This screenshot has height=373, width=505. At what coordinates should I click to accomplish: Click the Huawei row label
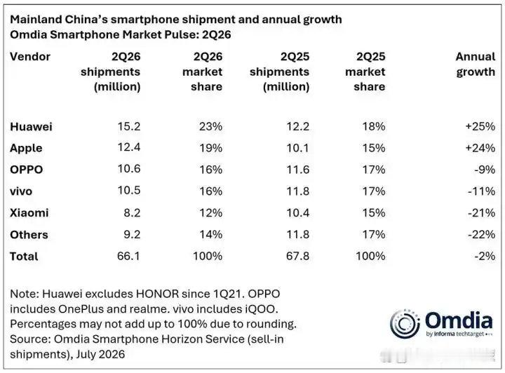pyautogui.click(x=31, y=126)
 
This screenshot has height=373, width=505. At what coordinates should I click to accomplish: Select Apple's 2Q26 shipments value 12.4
pyautogui.click(x=129, y=147)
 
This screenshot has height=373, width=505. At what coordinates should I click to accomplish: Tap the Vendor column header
pyautogui.click(x=30, y=57)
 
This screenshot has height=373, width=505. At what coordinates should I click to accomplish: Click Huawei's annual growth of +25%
pyautogui.click(x=480, y=126)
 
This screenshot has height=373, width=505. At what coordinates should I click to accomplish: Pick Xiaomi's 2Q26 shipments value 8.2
pyautogui.click(x=132, y=212)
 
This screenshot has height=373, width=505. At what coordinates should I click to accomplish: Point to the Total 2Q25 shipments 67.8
pyautogui.click(x=297, y=256)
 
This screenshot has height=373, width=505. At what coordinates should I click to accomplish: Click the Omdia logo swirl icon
pyautogui.click(x=405, y=324)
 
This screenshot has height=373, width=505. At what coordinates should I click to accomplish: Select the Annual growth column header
pyautogui.click(x=476, y=65)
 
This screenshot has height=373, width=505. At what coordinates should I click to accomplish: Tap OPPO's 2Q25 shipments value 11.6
pyautogui.click(x=298, y=170)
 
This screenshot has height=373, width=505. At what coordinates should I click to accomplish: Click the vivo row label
pyautogui.click(x=21, y=191)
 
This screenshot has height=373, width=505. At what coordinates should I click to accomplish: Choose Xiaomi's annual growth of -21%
pyautogui.click(x=481, y=212)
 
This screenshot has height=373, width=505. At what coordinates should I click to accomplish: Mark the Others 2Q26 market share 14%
pyautogui.click(x=210, y=234)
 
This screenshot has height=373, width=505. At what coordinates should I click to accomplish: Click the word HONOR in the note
pyautogui.click(x=157, y=294)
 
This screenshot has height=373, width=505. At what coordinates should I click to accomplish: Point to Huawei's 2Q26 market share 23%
pyautogui.click(x=210, y=126)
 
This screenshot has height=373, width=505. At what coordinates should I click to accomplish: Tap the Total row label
pyautogui.click(x=24, y=256)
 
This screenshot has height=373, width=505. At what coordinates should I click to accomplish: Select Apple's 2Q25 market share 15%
pyautogui.click(x=374, y=148)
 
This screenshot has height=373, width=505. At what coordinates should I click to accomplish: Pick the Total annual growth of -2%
pyautogui.click(x=485, y=256)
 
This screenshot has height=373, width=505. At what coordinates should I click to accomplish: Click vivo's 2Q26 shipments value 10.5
pyautogui.click(x=129, y=190)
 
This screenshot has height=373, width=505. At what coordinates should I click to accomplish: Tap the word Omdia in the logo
pyautogui.click(x=459, y=320)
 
